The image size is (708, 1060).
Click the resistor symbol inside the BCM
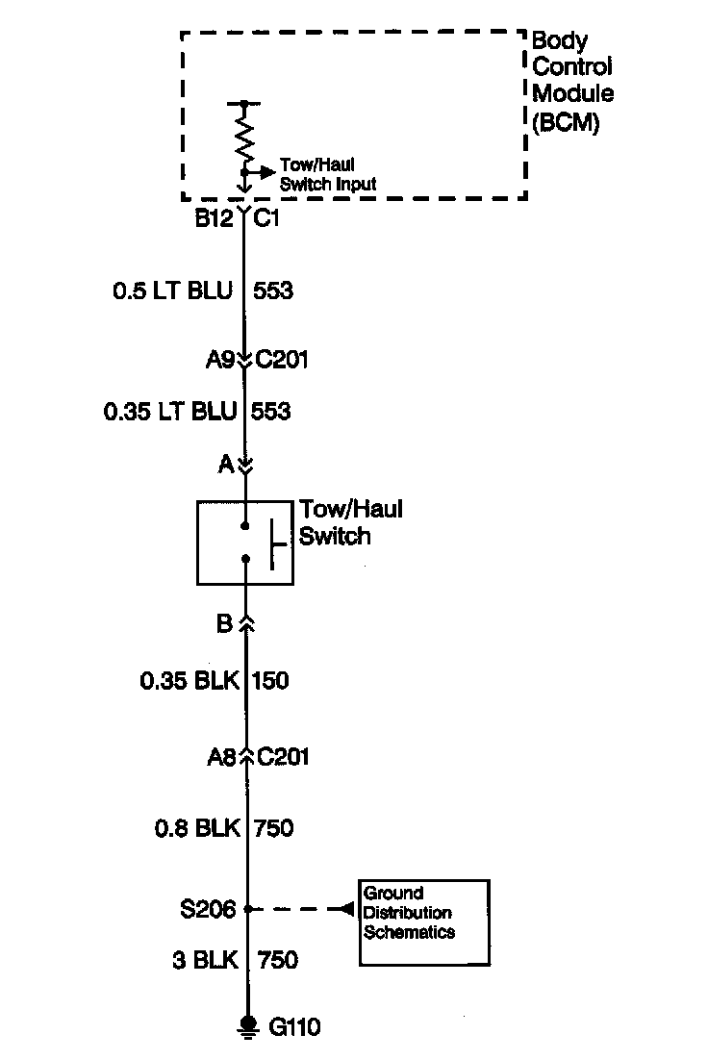[x=244, y=135]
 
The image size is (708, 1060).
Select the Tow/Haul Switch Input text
[x=326, y=175]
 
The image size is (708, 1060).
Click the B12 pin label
[x=214, y=218]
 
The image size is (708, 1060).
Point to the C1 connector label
[x=268, y=218]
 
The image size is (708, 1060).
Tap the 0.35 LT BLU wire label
[x=170, y=412]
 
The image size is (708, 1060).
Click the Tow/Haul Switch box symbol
[x=244, y=542]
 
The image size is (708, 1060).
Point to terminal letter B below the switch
[x=224, y=624]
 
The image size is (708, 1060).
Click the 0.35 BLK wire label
[x=188, y=681]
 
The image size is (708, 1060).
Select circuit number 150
[x=270, y=681]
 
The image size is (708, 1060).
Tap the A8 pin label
[x=221, y=757]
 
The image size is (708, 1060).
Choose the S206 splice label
[x=209, y=908]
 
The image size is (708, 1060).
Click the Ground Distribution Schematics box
[x=424, y=922]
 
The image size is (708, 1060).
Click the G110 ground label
[x=294, y=1027]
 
